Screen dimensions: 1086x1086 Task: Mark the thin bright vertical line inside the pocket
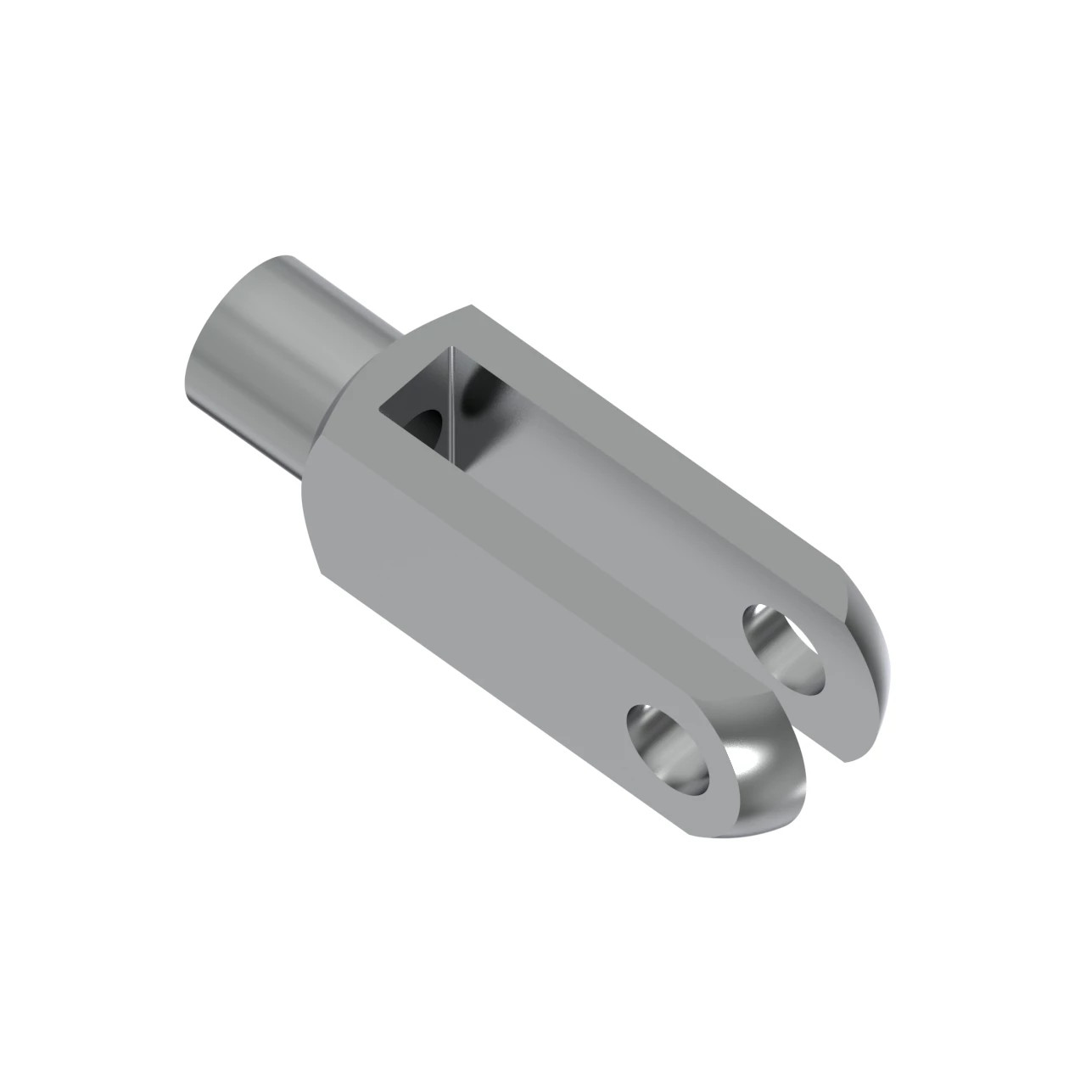(452, 407)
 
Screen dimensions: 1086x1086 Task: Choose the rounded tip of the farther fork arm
(874, 645)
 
